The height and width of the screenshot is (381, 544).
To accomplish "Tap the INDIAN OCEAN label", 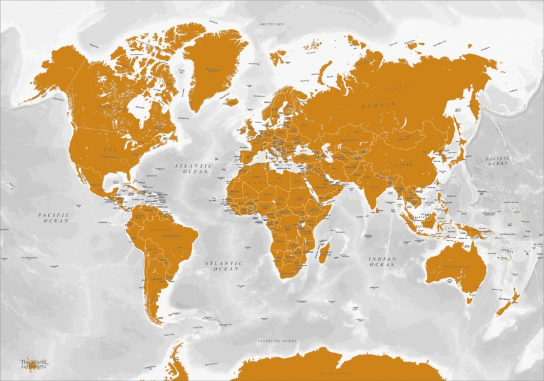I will point(382,262).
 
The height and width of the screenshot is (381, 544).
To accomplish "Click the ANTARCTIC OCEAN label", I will point(276,342).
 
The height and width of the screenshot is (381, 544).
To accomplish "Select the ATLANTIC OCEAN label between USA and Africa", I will point(195,168).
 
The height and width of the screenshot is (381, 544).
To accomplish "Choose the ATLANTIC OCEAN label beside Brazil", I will point(226,265).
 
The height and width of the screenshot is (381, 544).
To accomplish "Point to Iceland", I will point(230,102).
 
